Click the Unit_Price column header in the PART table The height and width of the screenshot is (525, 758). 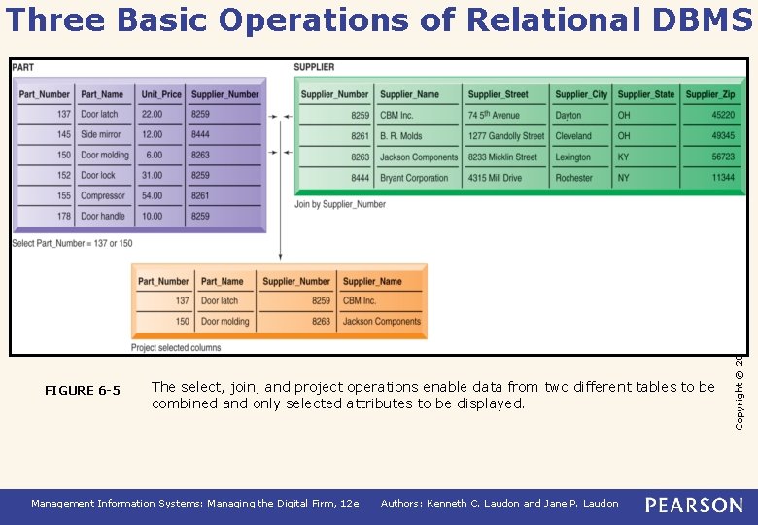[x=159, y=94]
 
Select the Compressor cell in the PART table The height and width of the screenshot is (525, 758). [x=103, y=195]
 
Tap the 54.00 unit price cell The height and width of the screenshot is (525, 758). [x=152, y=195]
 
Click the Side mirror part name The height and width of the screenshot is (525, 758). [x=101, y=135]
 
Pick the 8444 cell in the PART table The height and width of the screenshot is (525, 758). [x=201, y=135]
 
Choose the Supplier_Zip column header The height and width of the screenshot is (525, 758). [x=709, y=94]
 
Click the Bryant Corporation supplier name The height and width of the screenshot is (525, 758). [x=414, y=178]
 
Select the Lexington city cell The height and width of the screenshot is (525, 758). [x=573, y=157]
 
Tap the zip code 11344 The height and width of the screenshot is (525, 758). [x=723, y=178]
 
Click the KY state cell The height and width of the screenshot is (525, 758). [x=623, y=157]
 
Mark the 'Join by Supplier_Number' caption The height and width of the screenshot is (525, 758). [x=340, y=204]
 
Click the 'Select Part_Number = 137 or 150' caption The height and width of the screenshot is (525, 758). [x=73, y=243]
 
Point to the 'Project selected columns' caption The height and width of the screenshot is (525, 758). [x=176, y=347]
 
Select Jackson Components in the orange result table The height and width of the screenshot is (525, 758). [x=382, y=322]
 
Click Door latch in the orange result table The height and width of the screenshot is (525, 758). [x=220, y=301]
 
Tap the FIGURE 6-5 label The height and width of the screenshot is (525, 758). [x=83, y=391]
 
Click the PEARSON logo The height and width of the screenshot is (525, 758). [x=694, y=504]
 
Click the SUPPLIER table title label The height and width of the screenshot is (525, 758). [x=314, y=67]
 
